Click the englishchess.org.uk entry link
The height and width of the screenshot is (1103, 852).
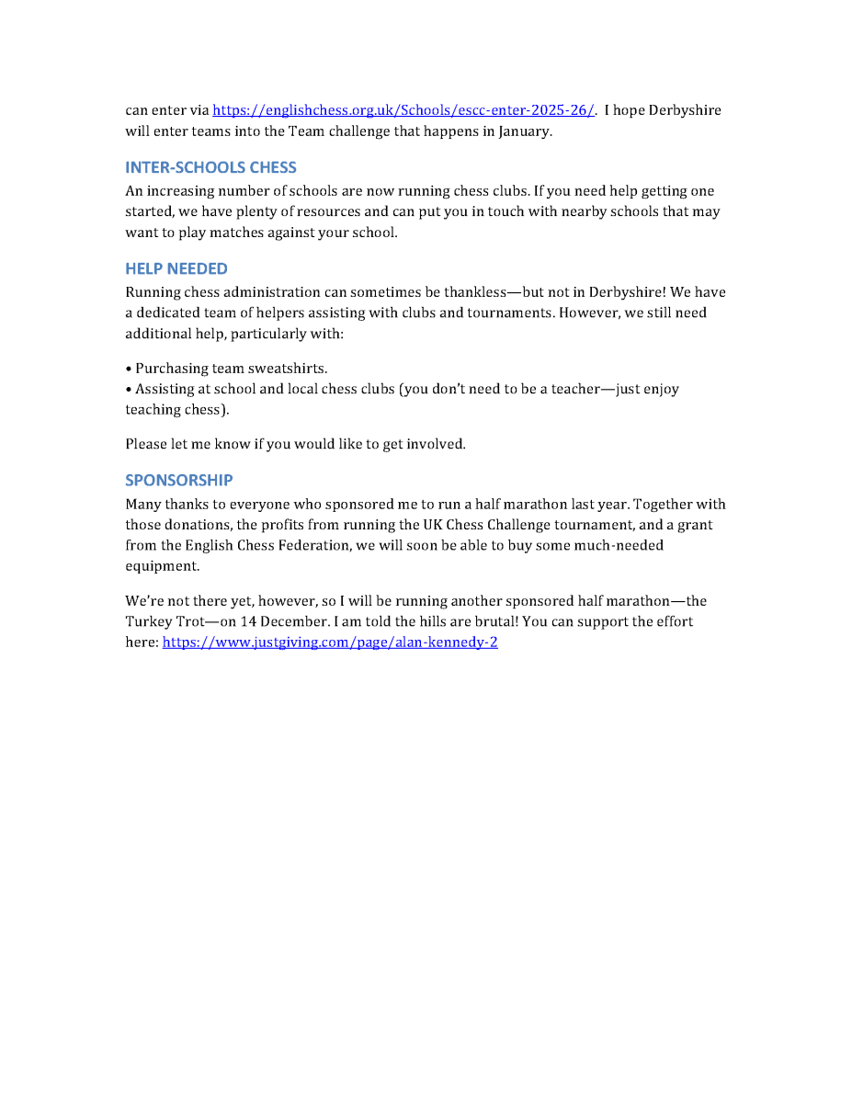403,110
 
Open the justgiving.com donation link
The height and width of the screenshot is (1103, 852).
330,642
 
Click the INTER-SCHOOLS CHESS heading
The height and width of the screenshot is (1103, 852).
210,167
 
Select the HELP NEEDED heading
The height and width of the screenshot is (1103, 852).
176,268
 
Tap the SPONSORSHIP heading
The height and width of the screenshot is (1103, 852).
179,480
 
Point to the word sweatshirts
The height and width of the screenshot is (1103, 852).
287,369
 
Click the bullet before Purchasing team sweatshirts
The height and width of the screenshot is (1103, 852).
129,369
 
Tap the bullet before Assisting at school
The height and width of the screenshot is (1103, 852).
129,389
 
